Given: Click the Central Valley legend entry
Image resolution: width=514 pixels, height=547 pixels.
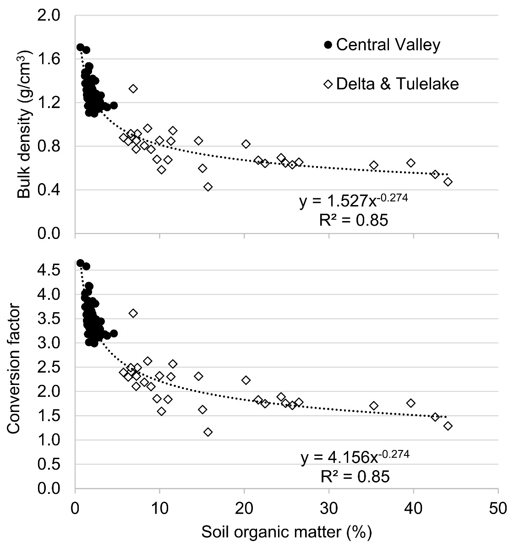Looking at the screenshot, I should click(382, 45).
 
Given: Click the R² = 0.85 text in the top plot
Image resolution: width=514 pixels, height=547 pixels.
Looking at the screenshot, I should click(353, 221).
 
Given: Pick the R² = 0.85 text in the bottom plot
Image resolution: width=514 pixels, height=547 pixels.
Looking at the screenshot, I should click(355, 477).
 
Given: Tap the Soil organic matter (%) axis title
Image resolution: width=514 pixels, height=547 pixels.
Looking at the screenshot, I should click(286, 532).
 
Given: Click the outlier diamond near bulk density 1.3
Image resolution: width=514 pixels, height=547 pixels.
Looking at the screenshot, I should click(133, 89).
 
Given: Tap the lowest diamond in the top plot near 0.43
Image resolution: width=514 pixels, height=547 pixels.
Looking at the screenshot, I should click(208, 187).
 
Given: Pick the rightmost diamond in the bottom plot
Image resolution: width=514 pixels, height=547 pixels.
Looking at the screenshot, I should click(448, 426).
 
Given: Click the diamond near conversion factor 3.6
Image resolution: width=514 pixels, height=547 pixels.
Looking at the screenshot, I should click(133, 313).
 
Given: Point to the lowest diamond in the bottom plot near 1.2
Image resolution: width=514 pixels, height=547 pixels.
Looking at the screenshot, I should click(208, 432).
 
